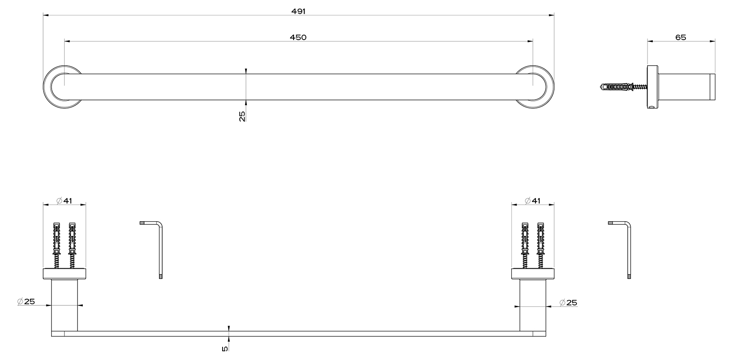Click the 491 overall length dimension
click(298, 11)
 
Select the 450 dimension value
click(298, 37)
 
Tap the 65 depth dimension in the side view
click(681, 37)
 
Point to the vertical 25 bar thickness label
click(242, 116)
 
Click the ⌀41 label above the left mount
click(64, 200)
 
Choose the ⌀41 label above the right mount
click(533, 200)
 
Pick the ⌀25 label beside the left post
click(26, 301)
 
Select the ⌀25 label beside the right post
click(569, 303)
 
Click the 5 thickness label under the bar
click(225, 349)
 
